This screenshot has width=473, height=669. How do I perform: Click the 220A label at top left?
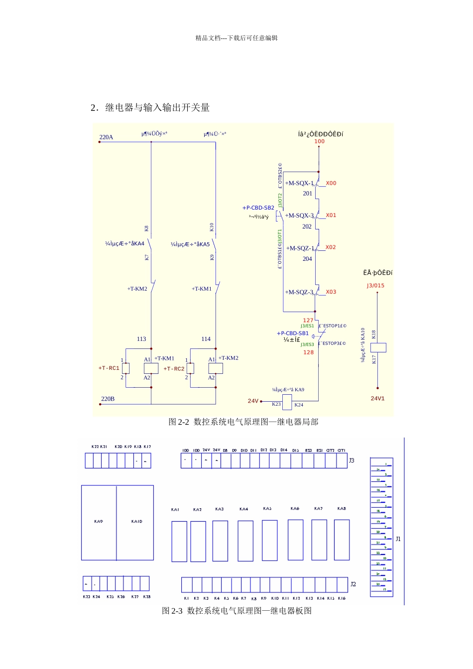click(x=106, y=137)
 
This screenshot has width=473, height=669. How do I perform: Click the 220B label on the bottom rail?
click(x=108, y=399)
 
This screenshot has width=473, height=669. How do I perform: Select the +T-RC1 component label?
click(x=109, y=368)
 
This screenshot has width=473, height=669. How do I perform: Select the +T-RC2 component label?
click(x=174, y=369)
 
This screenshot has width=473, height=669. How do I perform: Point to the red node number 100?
click(x=319, y=141)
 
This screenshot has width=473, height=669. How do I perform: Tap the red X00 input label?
click(x=331, y=183)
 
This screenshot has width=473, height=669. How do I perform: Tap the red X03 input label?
click(x=331, y=292)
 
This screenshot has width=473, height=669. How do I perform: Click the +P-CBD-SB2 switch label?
click(x=258, y=208)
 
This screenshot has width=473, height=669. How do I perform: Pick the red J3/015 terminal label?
click(x=375, y=286)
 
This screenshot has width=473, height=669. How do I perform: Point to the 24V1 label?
click(x=377, y=399)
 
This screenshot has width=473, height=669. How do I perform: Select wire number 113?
click(x=141, y=339)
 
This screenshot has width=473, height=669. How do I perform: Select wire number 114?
click(x=206, y=339)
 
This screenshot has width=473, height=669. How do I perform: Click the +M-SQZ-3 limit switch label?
click(x=299, y=292)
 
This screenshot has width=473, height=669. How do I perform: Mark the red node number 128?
click(x=309, y=352)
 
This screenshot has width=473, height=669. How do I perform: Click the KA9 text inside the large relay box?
click(x=99, y=522)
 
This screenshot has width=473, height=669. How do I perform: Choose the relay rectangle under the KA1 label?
click(x=179, y=542)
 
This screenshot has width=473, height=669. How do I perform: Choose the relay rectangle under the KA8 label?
click(x=342, y=540)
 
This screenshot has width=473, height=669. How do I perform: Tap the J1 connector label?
click(x=398, y=539)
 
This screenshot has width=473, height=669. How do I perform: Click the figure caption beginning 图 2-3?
click(x=236, y=611)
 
